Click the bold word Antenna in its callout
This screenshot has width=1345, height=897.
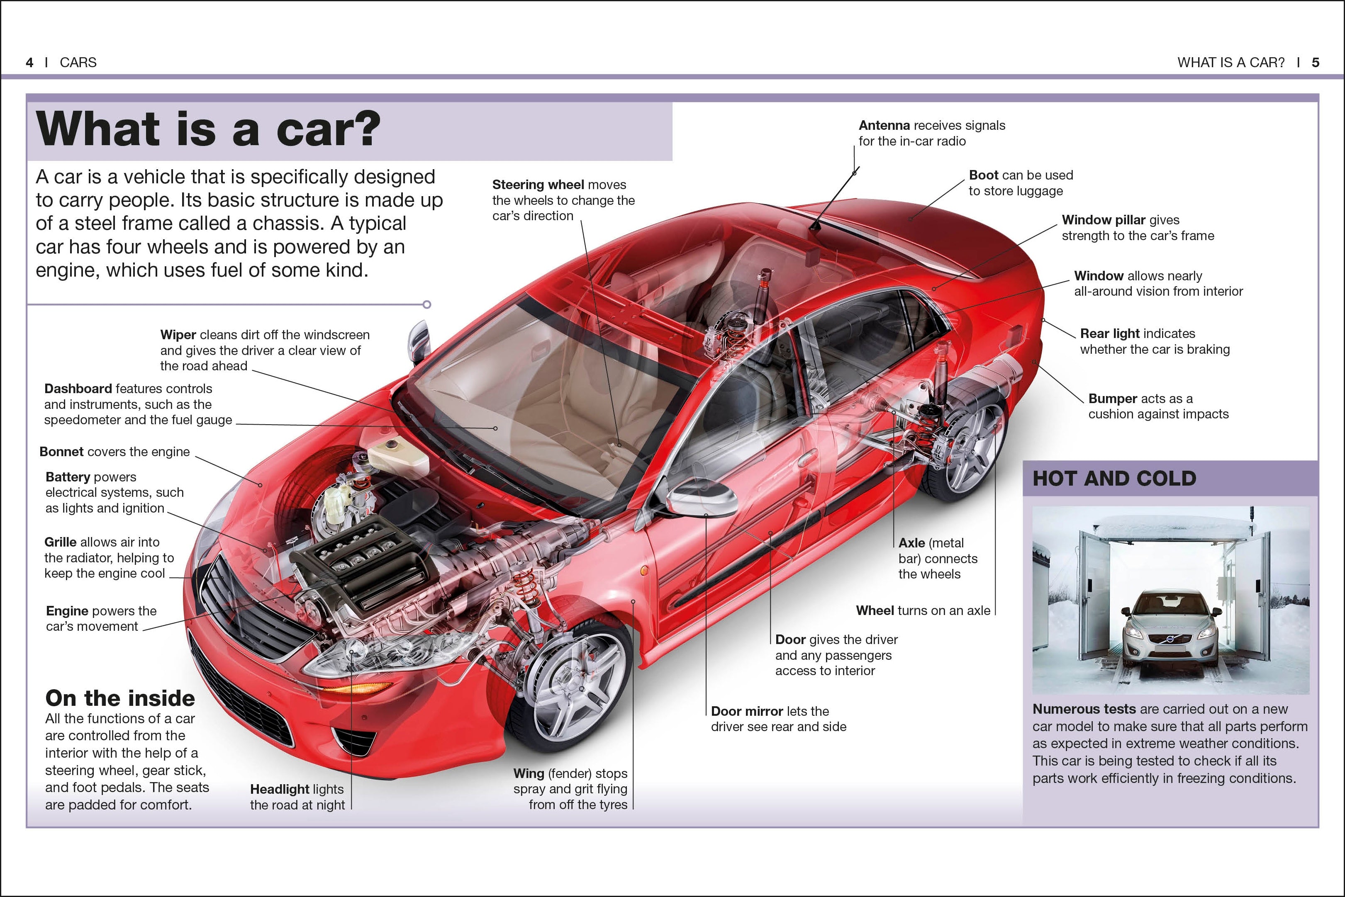[x=884, y=125]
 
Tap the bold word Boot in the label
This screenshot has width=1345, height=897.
[x=983, y=175]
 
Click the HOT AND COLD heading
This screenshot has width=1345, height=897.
[x=1114, y=478]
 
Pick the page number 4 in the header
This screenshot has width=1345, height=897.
[x=29, y=62]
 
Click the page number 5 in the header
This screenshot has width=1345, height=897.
[x=1315, y=62]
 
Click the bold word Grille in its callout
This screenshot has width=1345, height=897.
[x=60, y=542]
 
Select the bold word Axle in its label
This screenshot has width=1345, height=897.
[x=911, y=543]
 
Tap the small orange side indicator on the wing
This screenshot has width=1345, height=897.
[x=644, y=570]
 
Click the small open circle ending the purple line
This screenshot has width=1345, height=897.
[x=426, y=304]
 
